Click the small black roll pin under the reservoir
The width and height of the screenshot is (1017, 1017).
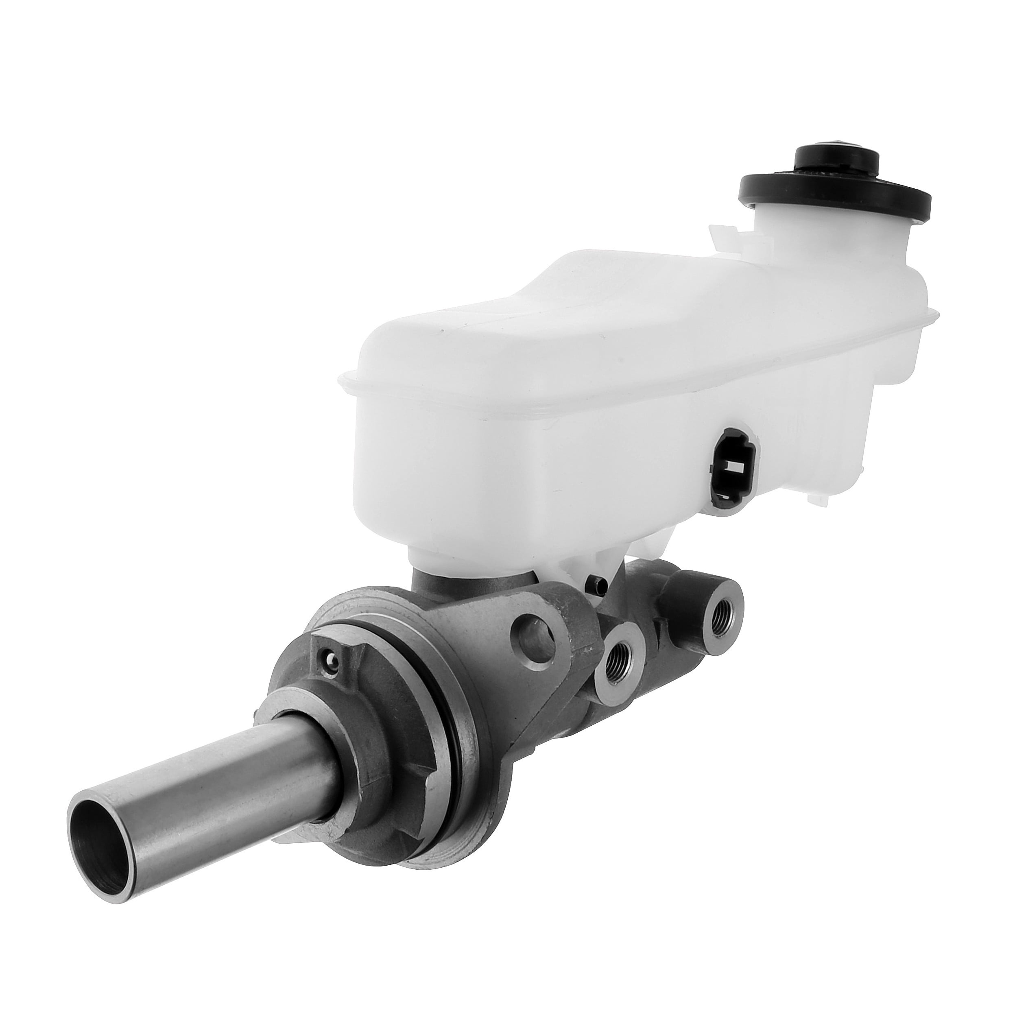[x=596, y=581]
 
